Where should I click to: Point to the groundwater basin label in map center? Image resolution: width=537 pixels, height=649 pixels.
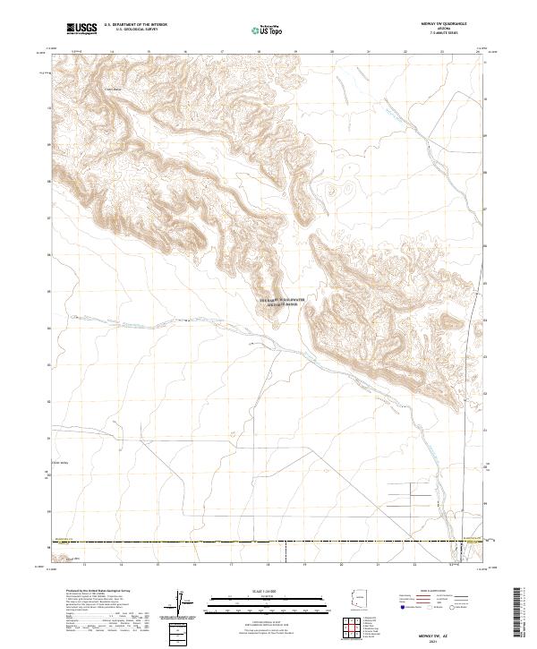tap(281, 302)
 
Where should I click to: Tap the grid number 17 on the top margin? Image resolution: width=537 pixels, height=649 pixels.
tap(221, 53)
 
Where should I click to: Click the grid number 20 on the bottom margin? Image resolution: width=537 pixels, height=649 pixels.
tap(340, 565)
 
